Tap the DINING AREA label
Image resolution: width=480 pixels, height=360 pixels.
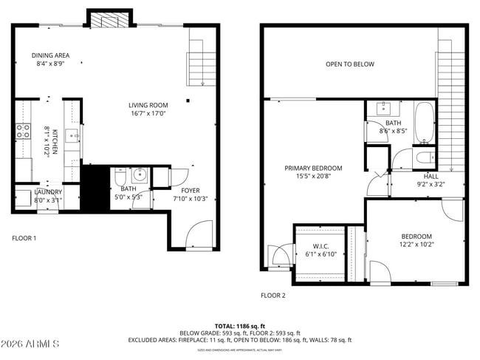(x=50, y=55)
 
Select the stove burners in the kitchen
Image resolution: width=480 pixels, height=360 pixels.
(x=23, y=132)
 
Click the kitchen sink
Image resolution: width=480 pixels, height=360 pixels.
(x=72, y=135)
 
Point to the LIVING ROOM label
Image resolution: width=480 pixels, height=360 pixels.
(x=148, y=105)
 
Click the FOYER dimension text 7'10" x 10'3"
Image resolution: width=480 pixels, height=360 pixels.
(x=191, y=198)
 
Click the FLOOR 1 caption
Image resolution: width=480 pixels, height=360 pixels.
(x=24, y=238)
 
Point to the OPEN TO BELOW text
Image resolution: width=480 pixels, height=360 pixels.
(x=350, y=64)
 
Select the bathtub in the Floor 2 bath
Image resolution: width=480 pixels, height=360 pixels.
(x=425, y=122)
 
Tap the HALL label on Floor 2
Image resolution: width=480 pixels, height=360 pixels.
(x=431, y=177)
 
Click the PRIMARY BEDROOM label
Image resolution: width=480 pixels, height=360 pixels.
(x=314, y=168)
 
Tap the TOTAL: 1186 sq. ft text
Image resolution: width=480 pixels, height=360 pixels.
(x=241, y=325)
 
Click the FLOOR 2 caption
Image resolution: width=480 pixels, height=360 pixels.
(x=272, y=295)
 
